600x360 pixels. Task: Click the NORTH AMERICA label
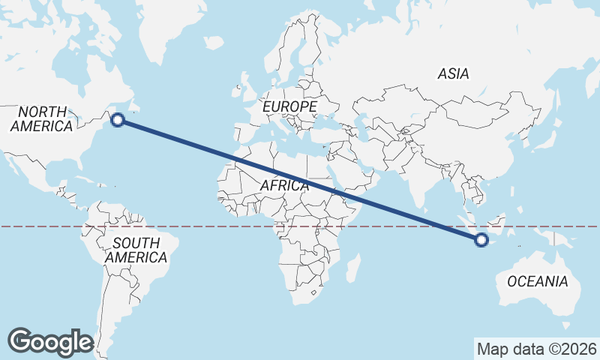click(x=42, y=118)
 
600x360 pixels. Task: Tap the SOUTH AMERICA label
click(x=136, y=250)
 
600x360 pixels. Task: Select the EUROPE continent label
click(x=289, y=107)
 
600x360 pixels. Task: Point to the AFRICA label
click(x=284, y=184)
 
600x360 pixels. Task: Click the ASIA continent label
click(x=453, y=73)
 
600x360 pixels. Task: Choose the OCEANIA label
click(x=538, y=282)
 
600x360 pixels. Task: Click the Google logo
click(x=50, y=341)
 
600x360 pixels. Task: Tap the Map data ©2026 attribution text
click(x=536, y=349)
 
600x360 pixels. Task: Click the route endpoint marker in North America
click(x=118, y=118)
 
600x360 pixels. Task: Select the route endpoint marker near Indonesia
click(x=481, y=240)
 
